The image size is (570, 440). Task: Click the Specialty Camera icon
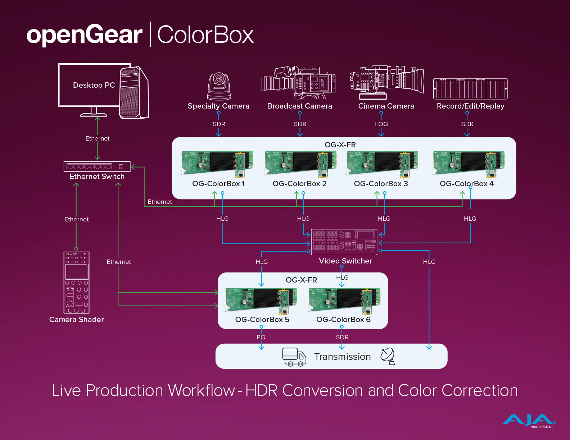[219, 87]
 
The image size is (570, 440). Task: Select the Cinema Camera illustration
[386, 82]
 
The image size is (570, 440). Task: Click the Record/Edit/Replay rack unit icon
[470, 88]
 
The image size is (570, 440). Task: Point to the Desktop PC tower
[134, 93]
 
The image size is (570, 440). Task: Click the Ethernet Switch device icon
[97, 166]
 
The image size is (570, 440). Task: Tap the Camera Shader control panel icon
[76, 283]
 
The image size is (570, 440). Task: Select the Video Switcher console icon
[344, 242]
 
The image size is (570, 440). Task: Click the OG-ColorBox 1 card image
[217, 164]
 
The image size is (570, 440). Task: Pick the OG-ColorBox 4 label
[467, 184]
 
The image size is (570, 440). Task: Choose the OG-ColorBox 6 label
[343, 320]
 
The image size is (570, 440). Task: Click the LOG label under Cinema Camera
[381, 124]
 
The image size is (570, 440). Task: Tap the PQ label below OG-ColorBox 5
[261, 337]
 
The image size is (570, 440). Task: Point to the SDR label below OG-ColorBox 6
[342, 337]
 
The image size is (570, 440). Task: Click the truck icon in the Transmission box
[294, 357]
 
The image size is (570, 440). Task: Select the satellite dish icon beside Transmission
[388, 356]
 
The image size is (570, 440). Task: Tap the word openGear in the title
[85, 35]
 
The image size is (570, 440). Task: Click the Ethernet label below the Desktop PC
[98, 138]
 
